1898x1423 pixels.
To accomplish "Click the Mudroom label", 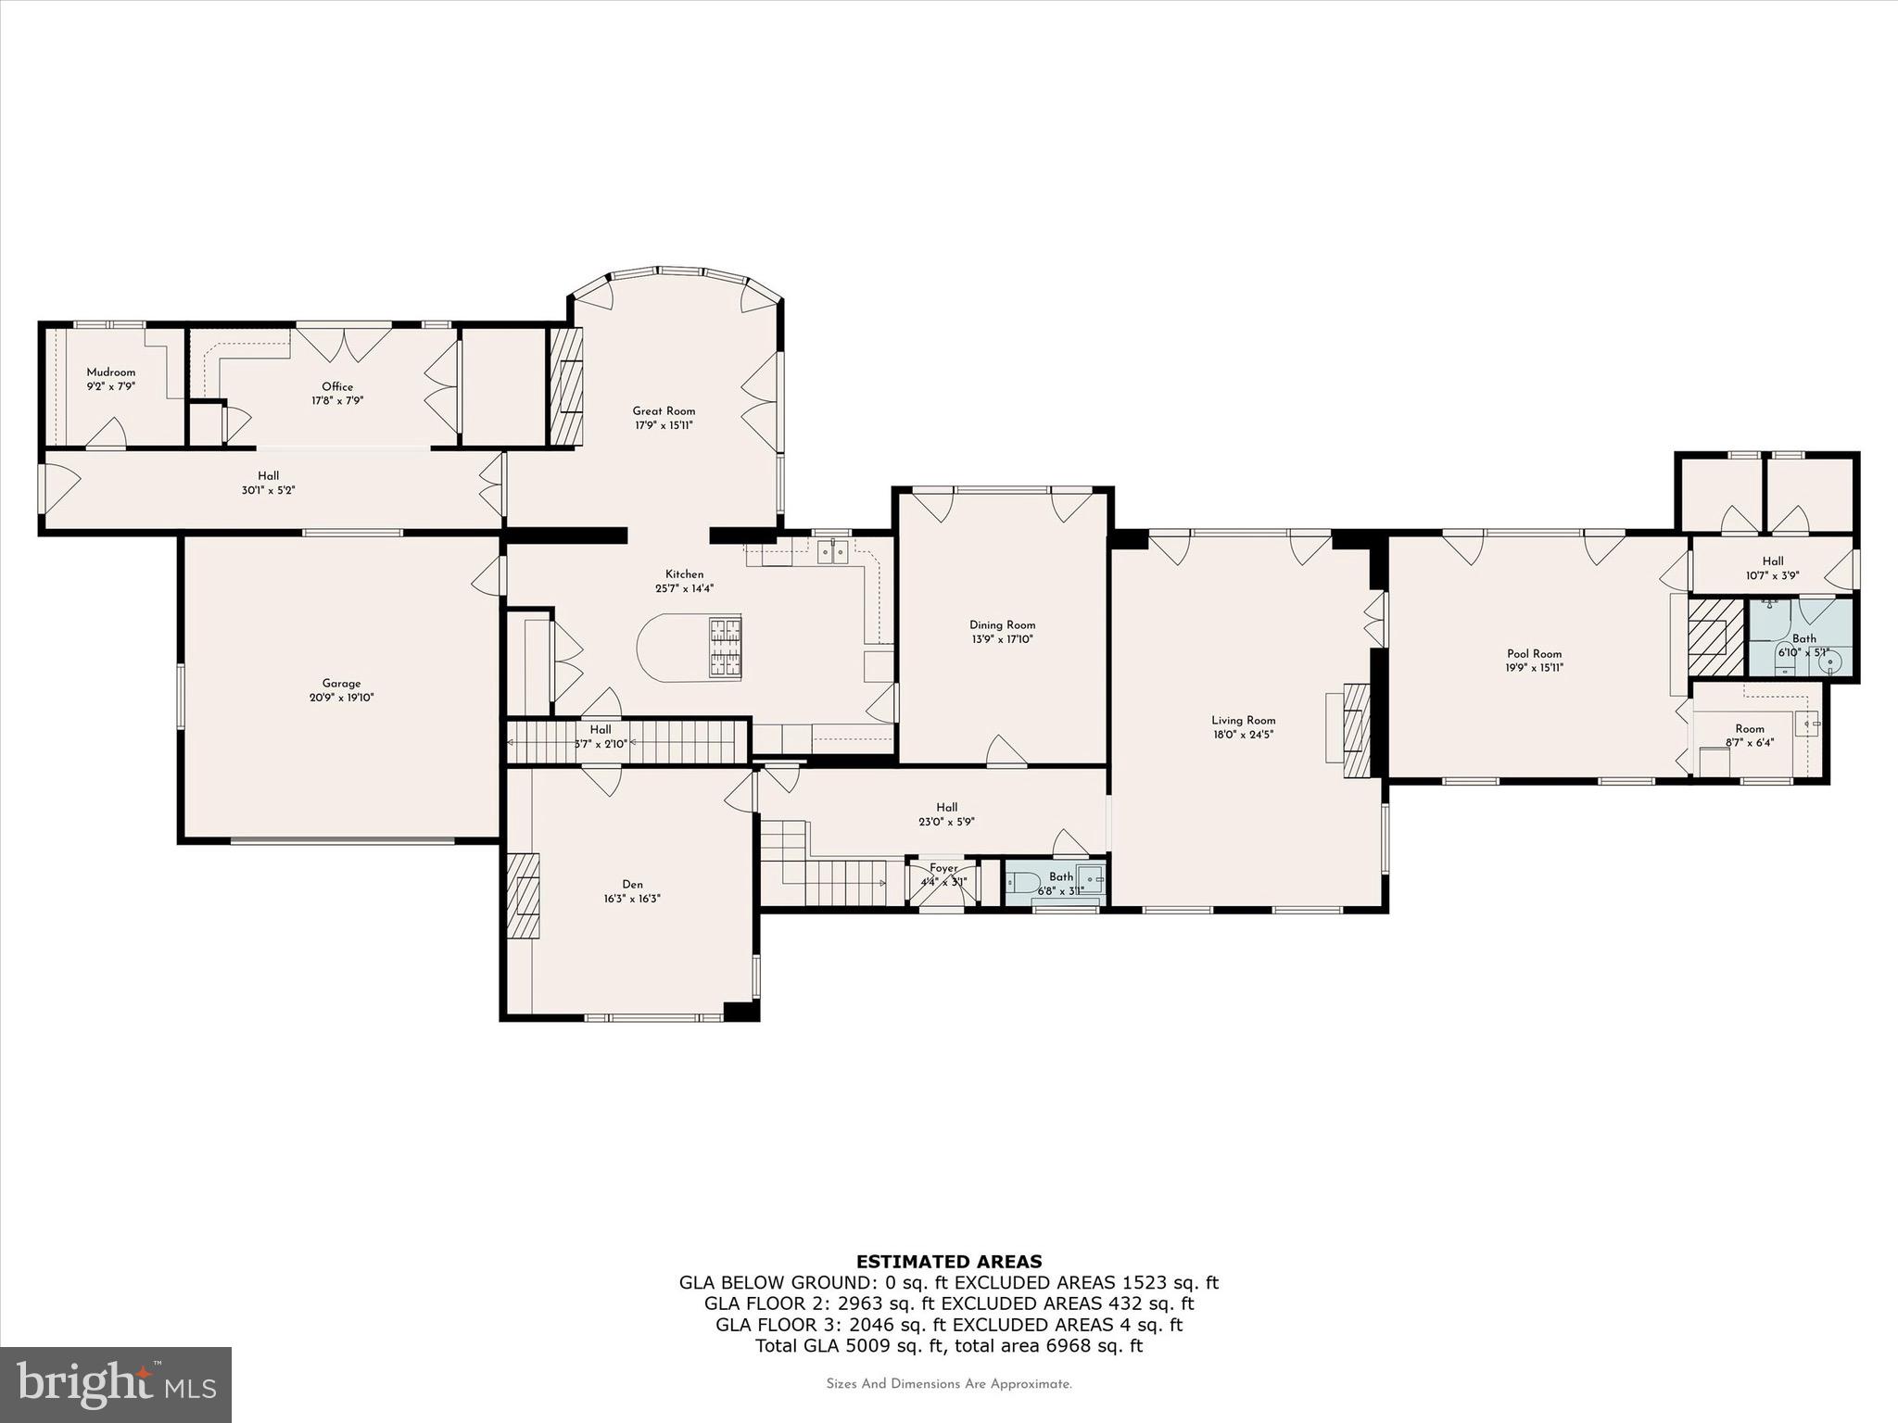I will pos(110,371).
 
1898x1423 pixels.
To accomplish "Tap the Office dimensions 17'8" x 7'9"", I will pos(337,401).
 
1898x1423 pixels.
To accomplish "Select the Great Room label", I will pos(664,410).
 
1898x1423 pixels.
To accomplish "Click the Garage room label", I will pos(341,683).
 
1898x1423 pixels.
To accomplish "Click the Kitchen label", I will pos(684,573).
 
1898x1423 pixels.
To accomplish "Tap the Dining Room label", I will pos(1002,624).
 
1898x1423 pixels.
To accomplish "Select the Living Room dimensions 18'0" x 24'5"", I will pos(1243,735).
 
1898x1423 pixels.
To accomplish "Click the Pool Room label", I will pos(1534,653).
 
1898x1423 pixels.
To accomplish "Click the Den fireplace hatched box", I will pos(524,896).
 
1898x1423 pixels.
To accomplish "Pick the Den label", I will pos(632,884).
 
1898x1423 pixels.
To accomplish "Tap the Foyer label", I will pos(943,868).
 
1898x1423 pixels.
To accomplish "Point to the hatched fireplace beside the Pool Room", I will pos(1715,636).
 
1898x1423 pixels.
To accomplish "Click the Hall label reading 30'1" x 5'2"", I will pos(268,475).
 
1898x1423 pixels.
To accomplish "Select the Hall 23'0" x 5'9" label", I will pos(946,807).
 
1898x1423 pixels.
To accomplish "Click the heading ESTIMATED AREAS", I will pos(948,1261).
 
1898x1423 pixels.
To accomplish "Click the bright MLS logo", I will pos(116,1385).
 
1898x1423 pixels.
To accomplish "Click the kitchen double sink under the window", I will pos(832,553).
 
